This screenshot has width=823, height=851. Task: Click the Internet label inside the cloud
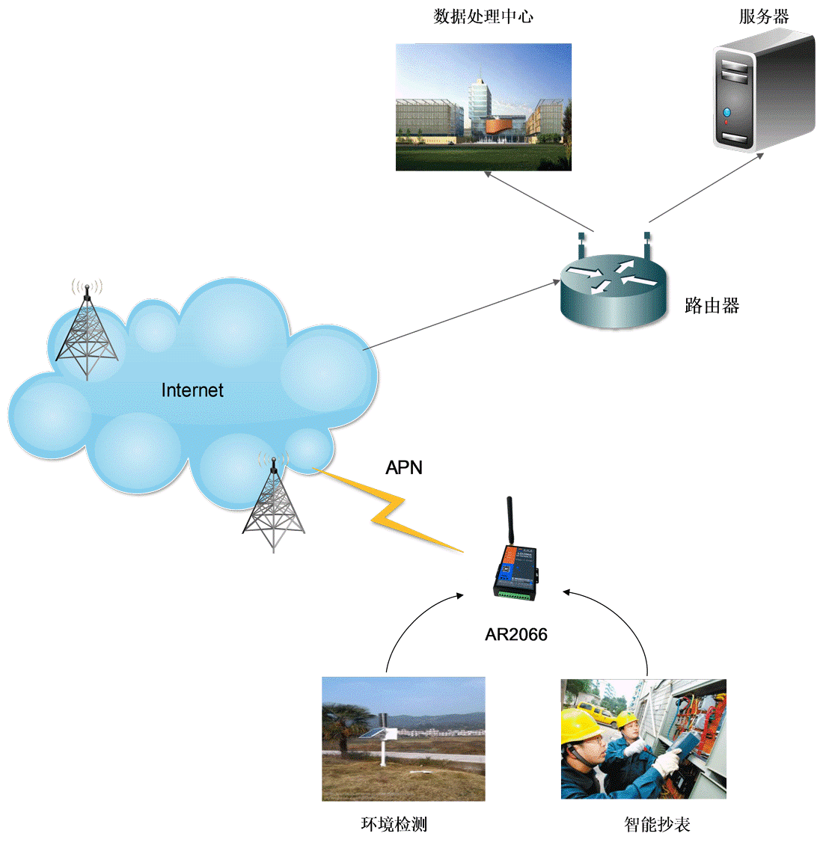click(x=192, y=390)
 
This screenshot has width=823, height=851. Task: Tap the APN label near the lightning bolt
click(x=404, y=468)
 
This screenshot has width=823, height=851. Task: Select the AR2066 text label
click(x=516, y=635)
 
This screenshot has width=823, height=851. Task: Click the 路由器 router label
click(x=712, y=305)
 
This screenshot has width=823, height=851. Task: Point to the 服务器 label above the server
click(x=764, y=16)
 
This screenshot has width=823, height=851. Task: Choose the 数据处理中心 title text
click(x=483, y=16)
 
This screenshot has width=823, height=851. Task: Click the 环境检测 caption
click(x=394, y=824)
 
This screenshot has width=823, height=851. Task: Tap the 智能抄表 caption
click(x=657, y=824)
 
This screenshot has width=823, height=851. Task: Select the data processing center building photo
click(x=483, y=107)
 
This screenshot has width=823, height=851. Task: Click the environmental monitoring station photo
click(x=403, y=739)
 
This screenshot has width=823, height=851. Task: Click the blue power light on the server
click(x=726, y=112)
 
